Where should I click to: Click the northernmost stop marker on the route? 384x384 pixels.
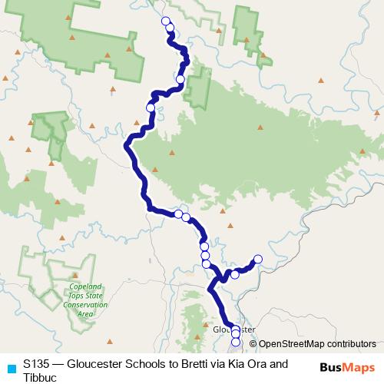click(x=166, y=21)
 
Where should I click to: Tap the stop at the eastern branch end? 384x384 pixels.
click(x=258, y=260)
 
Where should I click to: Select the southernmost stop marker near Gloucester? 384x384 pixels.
click(x=236, y=342)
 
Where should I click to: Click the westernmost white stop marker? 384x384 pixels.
click(x=151, y=108)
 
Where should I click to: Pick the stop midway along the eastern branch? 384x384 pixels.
click(x=236, y=274)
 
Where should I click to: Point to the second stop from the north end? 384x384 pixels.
click(x=170, y=28)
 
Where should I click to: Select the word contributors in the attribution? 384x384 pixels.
click(x=351, y=344)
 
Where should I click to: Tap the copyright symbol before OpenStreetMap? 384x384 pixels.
click(x=253, y=344)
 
